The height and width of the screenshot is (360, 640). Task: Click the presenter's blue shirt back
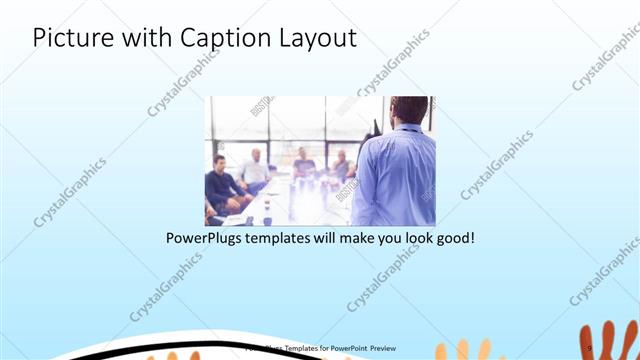point(395,175)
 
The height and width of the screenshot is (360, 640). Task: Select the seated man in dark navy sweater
point(222,185)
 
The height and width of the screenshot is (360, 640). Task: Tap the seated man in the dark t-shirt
point(304,166)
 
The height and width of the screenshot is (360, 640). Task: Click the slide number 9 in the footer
point(591,348)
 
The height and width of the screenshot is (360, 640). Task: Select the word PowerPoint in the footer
point(349,348)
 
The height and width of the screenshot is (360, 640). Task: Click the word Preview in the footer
point(388,348)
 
